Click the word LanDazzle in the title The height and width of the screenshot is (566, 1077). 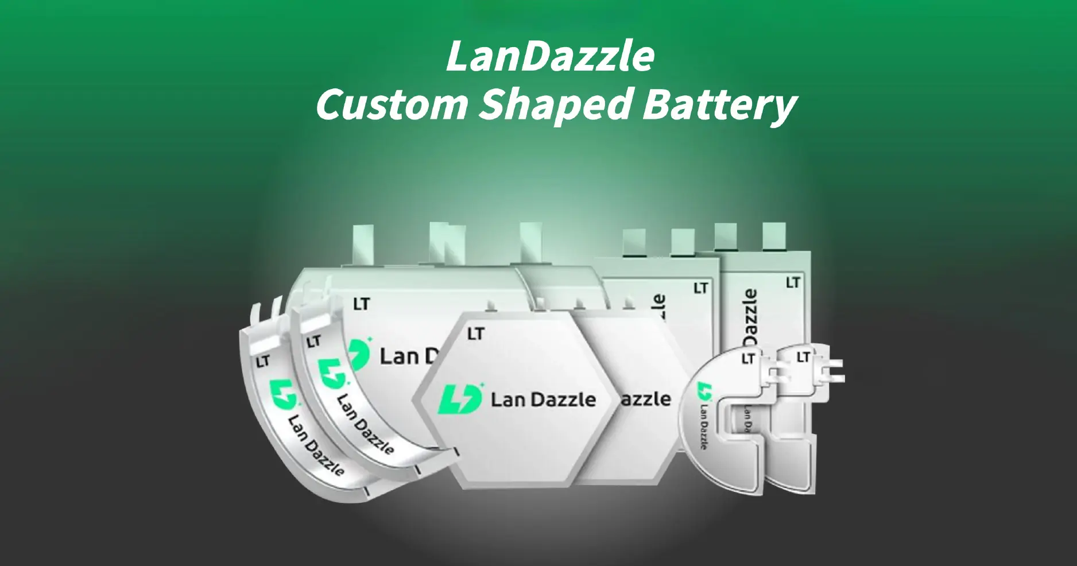point(550,57)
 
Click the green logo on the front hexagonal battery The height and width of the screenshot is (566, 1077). point(460,398)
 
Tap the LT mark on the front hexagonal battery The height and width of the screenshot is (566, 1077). point(476,334)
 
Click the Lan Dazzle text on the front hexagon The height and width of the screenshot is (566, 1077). point(543,400)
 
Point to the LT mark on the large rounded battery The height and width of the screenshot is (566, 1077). point(362,304)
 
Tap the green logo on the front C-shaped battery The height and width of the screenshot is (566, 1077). point(703,392)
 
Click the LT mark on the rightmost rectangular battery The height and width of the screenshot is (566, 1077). point(793,282)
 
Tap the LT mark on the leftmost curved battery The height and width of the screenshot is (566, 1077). point(263,362)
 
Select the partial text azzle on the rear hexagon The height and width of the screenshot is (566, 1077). point(646,398)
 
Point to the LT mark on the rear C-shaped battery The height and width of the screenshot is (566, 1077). point(803,358)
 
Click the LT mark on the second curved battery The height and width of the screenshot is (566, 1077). point(313,343)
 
